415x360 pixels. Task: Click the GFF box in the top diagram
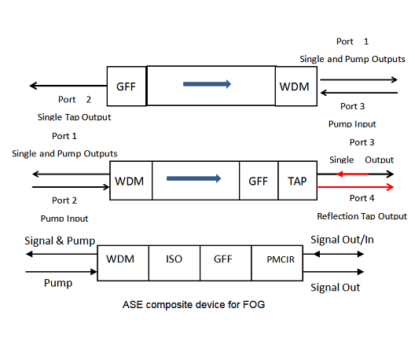(127, 86)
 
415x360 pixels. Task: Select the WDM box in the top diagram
(296, 86)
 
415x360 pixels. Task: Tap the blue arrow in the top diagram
(207, 84)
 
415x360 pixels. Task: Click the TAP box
(297, 181)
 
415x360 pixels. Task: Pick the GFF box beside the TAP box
(259, 181)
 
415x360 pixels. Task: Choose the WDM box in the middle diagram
(131, 181)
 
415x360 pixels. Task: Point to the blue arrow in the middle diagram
(193, 178)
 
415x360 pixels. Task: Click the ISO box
(174, 263)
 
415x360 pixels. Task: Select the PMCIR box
(277, 263)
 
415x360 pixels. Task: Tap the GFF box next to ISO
(226, 263)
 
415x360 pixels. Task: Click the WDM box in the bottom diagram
(123, 263)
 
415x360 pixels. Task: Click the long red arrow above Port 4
(355, 187)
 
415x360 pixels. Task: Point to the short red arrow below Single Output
(352, 174)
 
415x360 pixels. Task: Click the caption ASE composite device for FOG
(193, 305)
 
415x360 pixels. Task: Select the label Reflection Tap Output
(362, 216)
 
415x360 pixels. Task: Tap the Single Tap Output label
(74, 117)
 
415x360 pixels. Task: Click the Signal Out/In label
(342, 240)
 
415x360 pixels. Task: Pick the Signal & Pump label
(60, 241)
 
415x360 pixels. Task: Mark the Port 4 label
(362, 198)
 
